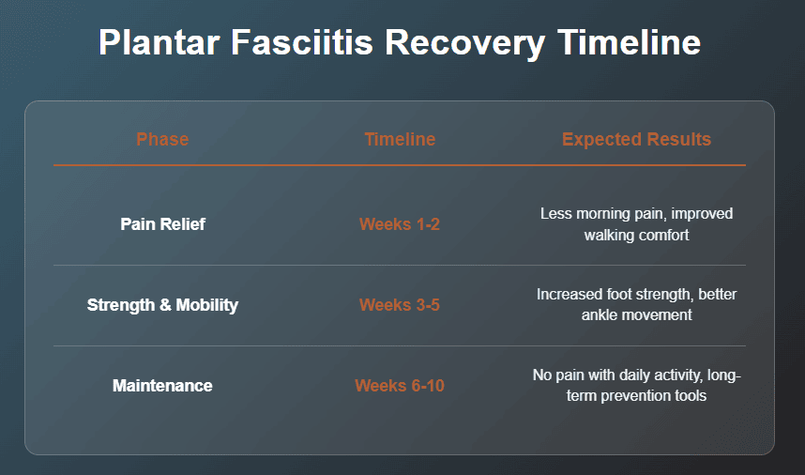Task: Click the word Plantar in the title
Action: click(159, 42)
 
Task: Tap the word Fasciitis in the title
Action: click(302, 42)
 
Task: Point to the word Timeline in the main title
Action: click(629, 42)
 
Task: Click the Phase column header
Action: click(162, 139)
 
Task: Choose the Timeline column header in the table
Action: click(400, 139)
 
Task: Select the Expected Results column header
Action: click(637, 139)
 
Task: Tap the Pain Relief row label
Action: click(162, 224)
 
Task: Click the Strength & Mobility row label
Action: click(162, 305)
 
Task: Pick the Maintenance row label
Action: click(162, 386)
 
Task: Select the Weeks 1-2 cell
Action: click(400, 224)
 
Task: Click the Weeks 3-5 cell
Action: click(400, 305)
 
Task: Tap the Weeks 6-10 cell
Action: click(400, 386)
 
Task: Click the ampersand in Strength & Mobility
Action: click(165, 305)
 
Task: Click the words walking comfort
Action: click(637, 236)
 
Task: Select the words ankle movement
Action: click(637, 314)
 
